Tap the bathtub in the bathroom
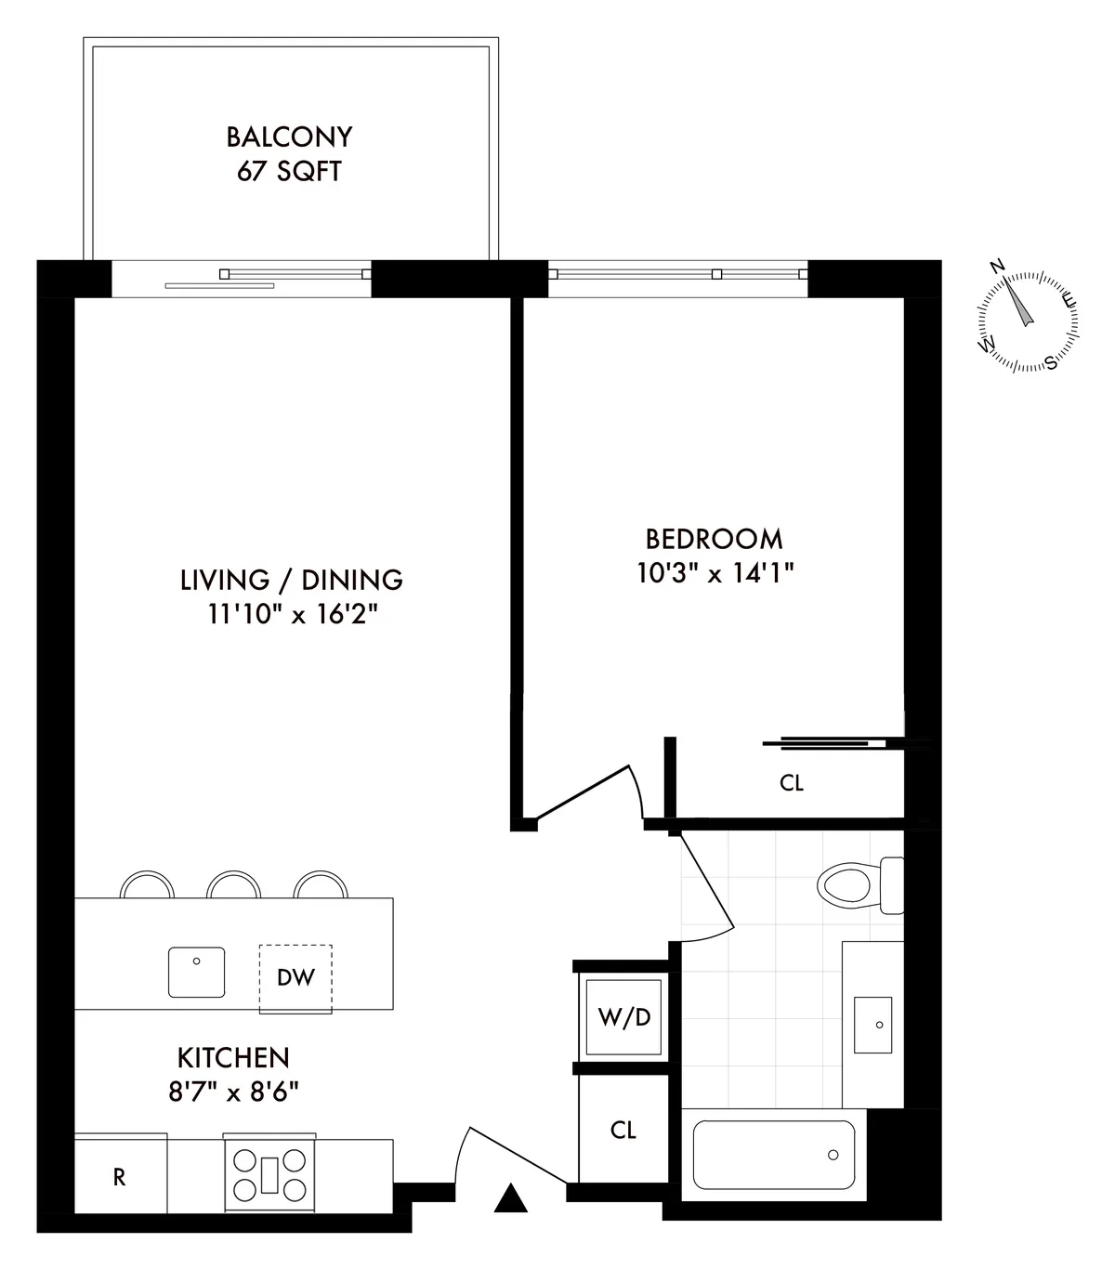(x=773, y=1155)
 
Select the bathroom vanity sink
(x=872, y=1025)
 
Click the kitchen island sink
(x=197, y=971)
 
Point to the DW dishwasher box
(x=295, y=977)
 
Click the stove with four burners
(x=269, y=1173)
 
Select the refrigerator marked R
(x=120, y=1176)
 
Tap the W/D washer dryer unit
(x=623, y=1017)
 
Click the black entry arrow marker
(x=510, y=1199)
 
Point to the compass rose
(x=1028, y=321)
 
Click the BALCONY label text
(x=289, y=137)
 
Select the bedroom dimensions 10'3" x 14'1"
(x=714, y=573)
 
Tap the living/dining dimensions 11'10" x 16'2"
(x=292, y=614)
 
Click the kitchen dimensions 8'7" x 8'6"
(x=233, y=1092)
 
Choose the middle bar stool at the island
(x=233, y=884)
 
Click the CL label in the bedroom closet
(x=791, y=783)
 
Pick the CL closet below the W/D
(x=623, y=1130)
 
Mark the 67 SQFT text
(x=289, y=172)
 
